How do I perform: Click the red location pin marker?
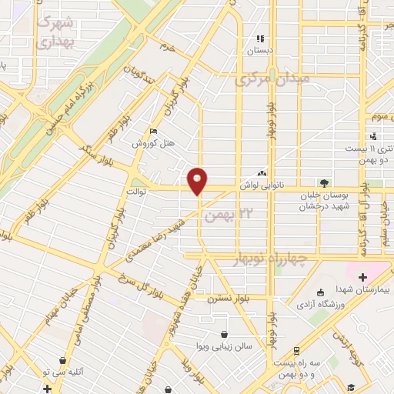coord(198,180)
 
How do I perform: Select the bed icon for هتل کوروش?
coord(153,132)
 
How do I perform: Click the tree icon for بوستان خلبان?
coord(324,183)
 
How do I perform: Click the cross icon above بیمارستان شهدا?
coord(362,276)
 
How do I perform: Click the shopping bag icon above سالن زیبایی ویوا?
coord(223,334)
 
